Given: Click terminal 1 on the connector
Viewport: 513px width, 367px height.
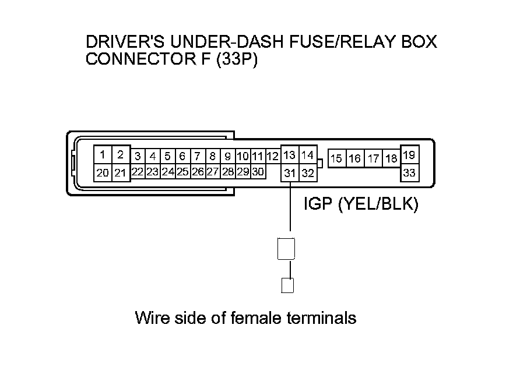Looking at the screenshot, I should point(103,155).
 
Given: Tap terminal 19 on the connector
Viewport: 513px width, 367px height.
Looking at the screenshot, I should point(409,156).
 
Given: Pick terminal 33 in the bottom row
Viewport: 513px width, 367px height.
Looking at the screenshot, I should point(409,173).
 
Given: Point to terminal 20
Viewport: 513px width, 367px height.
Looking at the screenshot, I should point(103,172).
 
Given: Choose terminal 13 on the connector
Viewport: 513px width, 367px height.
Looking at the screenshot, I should point(290,156).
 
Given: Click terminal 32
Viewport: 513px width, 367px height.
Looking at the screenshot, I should point(308,173).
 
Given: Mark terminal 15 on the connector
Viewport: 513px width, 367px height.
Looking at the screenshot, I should point(336,158).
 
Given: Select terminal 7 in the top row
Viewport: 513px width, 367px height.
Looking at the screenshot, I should point(197,156).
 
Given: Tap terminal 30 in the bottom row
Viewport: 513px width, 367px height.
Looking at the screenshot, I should point(258,172).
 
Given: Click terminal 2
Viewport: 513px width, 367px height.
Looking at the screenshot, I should point(120,155).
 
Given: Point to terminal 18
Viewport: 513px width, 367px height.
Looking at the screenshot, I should point(391,158).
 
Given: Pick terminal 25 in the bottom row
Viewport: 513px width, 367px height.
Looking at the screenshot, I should point(182,172).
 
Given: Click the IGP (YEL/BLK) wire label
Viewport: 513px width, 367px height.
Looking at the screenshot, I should point(361,204).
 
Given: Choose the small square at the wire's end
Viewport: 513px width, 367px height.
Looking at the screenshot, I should point(287,285).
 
